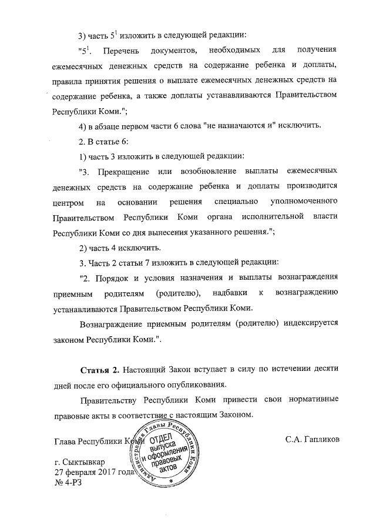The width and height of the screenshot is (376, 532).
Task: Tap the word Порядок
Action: point(119,277)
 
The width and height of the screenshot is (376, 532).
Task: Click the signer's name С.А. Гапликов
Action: point(311,440)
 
